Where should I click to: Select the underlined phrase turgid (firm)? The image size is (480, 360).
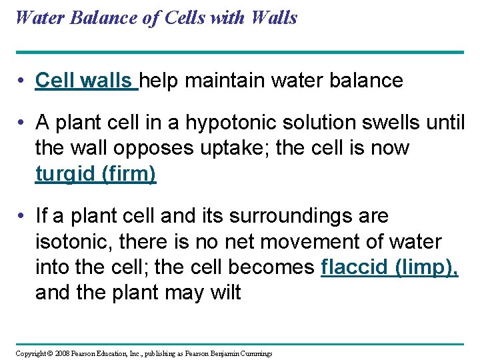[x=95, y=173]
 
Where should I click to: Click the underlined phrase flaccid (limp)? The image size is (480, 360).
[x=389, y=267]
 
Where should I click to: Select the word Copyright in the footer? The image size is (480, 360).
[x=31, y=353]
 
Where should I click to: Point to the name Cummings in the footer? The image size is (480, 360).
[x=254, y=353]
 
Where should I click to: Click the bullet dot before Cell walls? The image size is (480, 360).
[x=23, y=81]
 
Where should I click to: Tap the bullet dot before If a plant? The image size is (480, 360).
[x=23, y=217]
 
